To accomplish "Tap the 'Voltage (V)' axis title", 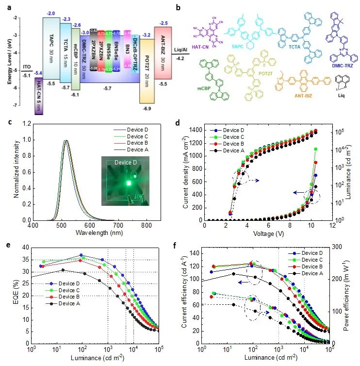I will tap(267, 233).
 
